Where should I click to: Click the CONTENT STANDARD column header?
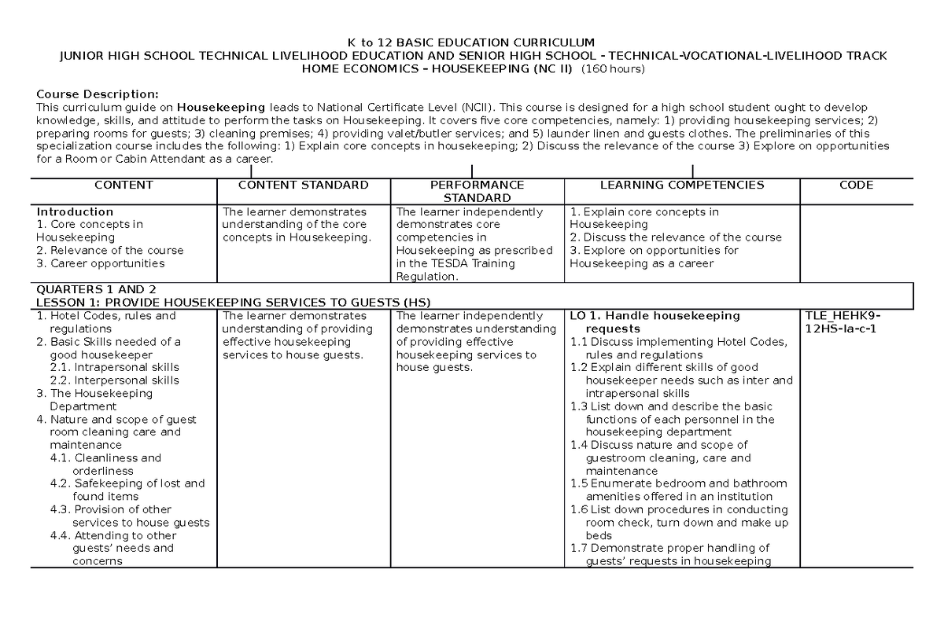303,185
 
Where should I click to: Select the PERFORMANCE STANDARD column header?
477,191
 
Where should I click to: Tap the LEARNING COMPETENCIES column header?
681,185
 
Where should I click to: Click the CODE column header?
856,185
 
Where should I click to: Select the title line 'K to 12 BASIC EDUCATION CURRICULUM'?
472,42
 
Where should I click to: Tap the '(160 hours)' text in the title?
613,69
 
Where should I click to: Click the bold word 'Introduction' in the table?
76,212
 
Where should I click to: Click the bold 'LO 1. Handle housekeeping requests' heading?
653,321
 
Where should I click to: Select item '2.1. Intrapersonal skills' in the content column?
113,367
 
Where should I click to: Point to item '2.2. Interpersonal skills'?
113,380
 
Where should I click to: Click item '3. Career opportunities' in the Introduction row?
101,263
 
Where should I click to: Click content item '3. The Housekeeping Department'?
94,399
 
